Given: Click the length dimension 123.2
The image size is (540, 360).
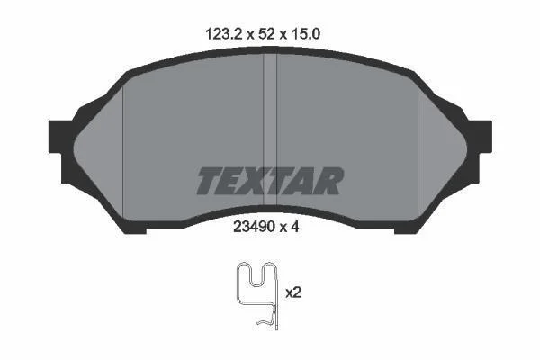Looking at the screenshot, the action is (224, 34).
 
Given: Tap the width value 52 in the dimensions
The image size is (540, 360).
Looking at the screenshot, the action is (267, 34).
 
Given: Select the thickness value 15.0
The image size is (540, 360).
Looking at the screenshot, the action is (306, 34).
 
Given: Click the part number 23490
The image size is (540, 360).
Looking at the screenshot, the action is (254, 227).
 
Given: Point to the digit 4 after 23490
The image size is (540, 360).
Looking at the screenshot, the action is (294, 227).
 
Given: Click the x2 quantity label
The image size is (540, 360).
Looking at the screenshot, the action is (293, 292).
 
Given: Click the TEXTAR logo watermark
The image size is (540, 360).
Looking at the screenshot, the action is (270, 181).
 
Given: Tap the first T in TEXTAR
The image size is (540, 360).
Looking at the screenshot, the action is (211, 181).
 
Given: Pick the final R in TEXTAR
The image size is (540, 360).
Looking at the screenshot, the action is (328, 181).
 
